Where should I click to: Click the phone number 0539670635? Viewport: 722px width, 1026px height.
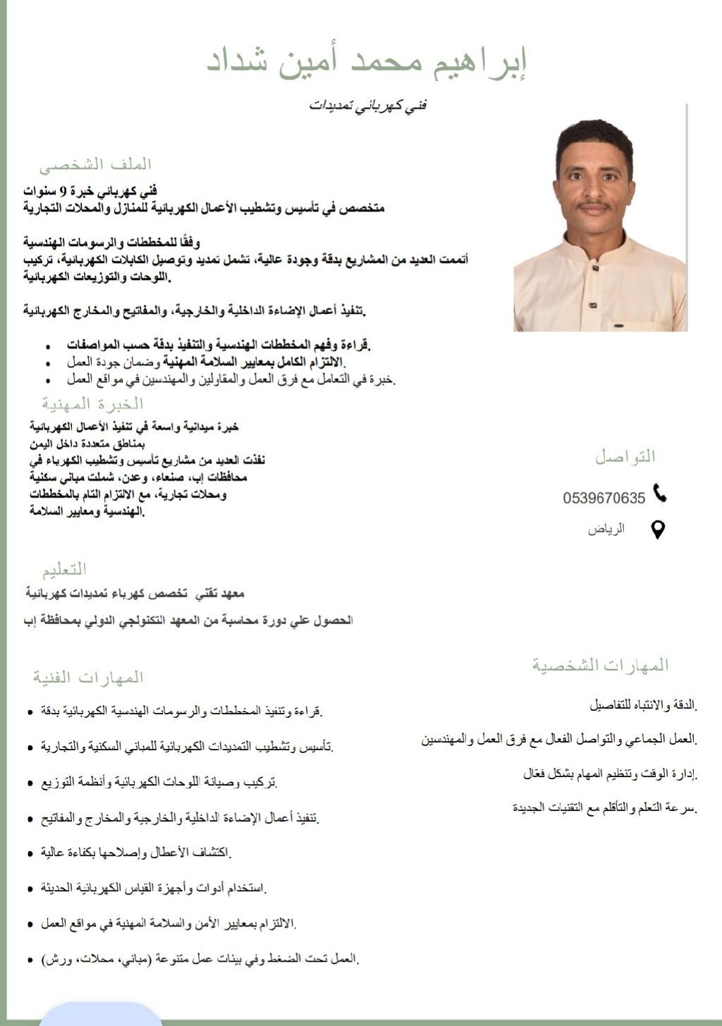click(604, 498)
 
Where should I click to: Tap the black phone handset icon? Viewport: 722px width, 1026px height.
click(660, 494)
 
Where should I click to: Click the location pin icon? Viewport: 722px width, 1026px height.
click(657, 530)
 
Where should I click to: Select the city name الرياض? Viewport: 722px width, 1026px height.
click(606, 529)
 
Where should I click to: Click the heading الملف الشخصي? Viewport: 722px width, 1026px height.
click(95, 164)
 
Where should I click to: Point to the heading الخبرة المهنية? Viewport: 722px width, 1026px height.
click(92, 404)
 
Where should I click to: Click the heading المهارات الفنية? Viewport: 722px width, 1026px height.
click(88, 678)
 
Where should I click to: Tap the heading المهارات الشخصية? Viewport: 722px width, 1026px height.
click(600, 665)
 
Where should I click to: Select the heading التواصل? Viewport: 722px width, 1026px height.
click(625, 456)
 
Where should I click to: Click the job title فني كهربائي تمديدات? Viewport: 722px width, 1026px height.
click(368, 106)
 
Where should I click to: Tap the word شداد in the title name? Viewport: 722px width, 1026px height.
click(236, 62)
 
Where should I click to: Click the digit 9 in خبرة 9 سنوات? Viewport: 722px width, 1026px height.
click(63, 190)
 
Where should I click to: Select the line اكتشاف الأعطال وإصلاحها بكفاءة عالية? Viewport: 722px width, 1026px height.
click(136, 853)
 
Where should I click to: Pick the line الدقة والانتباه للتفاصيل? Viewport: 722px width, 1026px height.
click(642, 704)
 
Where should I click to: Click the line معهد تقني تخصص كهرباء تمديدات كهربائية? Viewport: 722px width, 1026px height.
click(135, 594)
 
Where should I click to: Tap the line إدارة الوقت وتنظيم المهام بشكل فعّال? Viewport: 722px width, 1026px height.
click(610, 774)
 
